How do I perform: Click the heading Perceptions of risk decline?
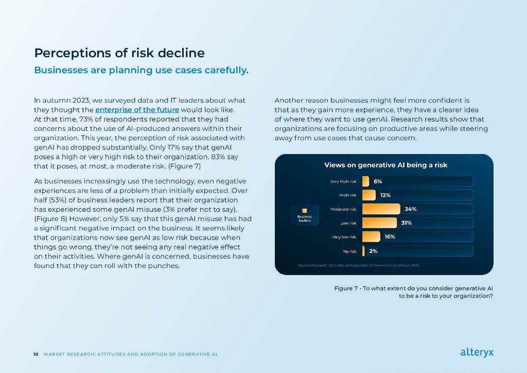pos(119,53)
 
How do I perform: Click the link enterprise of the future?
pos(137,110)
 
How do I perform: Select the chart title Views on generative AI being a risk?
pos(385,165)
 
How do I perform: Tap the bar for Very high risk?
pos(366,181)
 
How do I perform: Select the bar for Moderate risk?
pos(381,209)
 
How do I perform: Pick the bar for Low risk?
pos(380,223)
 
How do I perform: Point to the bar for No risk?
pos(364,251)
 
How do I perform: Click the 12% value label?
pos(385,195)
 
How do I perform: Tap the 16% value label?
pos(390,237)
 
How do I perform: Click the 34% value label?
pos(410,209)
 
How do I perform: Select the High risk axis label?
pos(347,195)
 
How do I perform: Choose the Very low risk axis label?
pos(344,237)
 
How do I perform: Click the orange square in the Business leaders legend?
pos(305,210)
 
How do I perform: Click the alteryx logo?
pos(477,353)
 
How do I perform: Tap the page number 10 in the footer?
pos(36,354)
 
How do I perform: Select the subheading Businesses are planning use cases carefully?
pos(141,70)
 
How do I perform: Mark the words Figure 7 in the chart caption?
pos(346,289)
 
